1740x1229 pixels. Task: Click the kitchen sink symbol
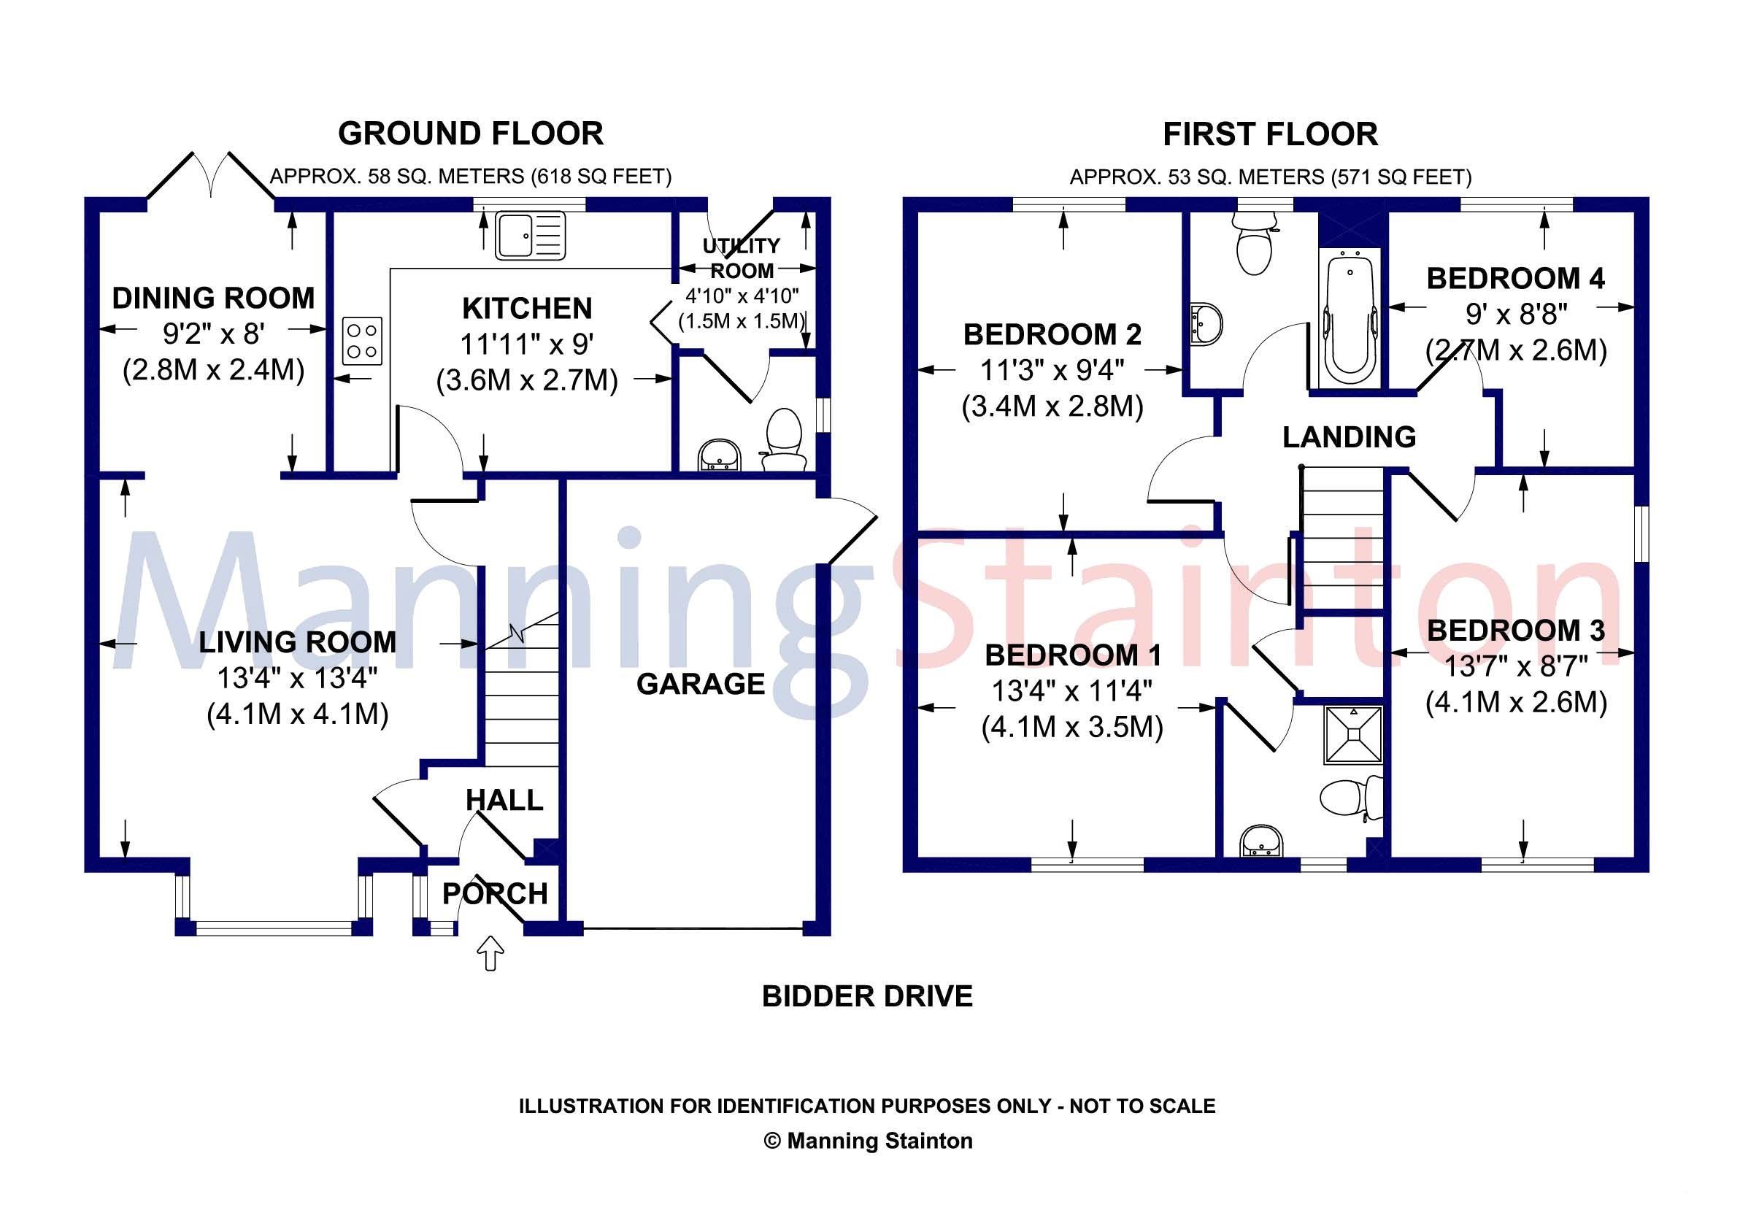pyautogui.click(x=531, y=235)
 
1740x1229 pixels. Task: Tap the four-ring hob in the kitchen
pyautogui.click(x=362, y=341)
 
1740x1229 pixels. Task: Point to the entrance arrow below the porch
pyautogui.click(x=492, y=952)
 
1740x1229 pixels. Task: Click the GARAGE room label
pyautogui.click(x=700, y=685)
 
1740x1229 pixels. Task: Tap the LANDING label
pyautogui.click(x=1349, y=437)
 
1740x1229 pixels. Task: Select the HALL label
pyautogui.click(x=504, y=800)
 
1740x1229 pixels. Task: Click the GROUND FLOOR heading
pyautogui.click(x=471, y=134)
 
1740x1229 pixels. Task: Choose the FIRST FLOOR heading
pyautogui.click(x=1270, y=135)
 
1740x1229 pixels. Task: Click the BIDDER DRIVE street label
pyautogui.click(x=867, y=996)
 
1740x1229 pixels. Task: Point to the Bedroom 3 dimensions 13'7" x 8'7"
pyautogui.click(x=1516, y=667)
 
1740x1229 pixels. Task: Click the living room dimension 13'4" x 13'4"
pyautogui.click(x=298, y=678)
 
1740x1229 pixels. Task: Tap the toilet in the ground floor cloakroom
pyautogui.click(x=784, y=439)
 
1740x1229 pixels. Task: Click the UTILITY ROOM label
pyautogui.click(x=741, y=258)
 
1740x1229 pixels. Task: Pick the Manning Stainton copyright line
pyautogui.click(x=868, y=1141)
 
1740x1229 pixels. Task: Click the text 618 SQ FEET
pyautogui.click(x=600, y=177)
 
